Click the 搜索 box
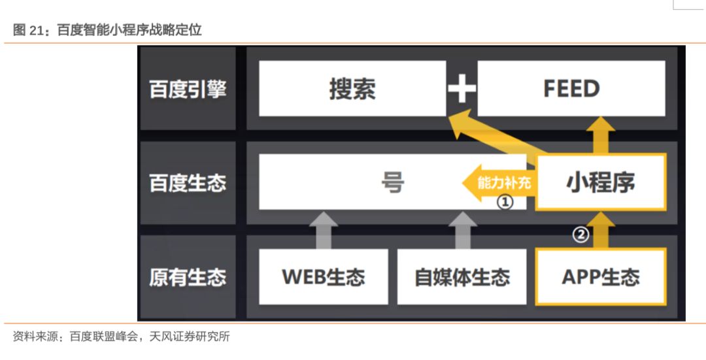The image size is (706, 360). pyautogui.click(x=352, y=89)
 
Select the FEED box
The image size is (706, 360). pyautogui.click(x=571, y=89)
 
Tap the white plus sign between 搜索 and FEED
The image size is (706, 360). pyautogui.click(x=462, y=90)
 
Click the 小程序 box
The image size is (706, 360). pyautogui.click(x=600, y=182)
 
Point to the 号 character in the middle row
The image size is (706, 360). pyautogui.click(x=392, y=182)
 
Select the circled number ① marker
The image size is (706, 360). pyautogui.click(x=505, y=202)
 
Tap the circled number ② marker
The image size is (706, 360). pyautogui.click(x=581, y=234)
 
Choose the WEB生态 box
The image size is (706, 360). pyautogui.click(x=324, y=277)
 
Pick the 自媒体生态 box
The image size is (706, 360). pyautogui.click(x=462, y=277)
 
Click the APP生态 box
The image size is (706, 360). pyautogui.click(x=600, y=277)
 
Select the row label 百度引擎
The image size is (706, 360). pyautogui.click(x=188, y=90)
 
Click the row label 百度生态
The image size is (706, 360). pyautogui.click(x=188, y=183)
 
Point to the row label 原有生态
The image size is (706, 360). pyautogui.click(x=188, y=277)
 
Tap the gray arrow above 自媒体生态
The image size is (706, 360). pyautogui.click(x=462, y=230)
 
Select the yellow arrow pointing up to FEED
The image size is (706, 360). pyautogui.click(x=600, y=135)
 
